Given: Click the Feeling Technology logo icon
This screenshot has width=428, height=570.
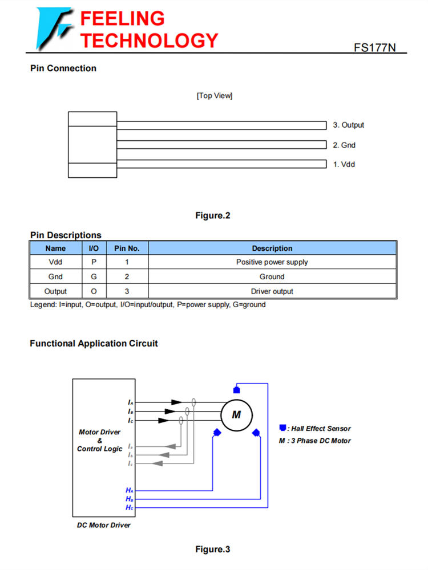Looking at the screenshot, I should click(x=53, y=28).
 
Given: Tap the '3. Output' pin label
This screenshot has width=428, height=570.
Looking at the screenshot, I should click(x=348, y=125).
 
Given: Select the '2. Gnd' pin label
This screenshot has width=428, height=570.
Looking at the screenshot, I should click(x=344, y=145).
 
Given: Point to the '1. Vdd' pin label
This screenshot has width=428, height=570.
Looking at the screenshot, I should click(x=344, y=164).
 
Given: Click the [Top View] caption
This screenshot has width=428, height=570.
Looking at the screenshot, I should click(x=215, y=95).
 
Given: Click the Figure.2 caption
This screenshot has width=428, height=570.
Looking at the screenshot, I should click(x=212, y=215).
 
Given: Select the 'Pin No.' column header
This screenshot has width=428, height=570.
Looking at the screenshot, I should click(x=127, y=249).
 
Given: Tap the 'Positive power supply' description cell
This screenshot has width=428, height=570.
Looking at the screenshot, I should click(x=272, y=262).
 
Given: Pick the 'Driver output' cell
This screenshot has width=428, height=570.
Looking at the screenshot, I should click(x=272, y=291).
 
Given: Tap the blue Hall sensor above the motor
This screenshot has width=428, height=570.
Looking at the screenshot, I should click(x=236, y=390).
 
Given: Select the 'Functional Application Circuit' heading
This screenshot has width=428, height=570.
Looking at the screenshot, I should click(x=94, y=344).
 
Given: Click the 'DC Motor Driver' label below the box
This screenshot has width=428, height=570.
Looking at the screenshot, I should click(x=103, y=525).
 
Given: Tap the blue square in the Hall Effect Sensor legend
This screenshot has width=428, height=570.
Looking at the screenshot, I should click(x=282, y=428).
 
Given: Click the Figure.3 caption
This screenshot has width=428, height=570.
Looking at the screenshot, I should click(x=212, y=549).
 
